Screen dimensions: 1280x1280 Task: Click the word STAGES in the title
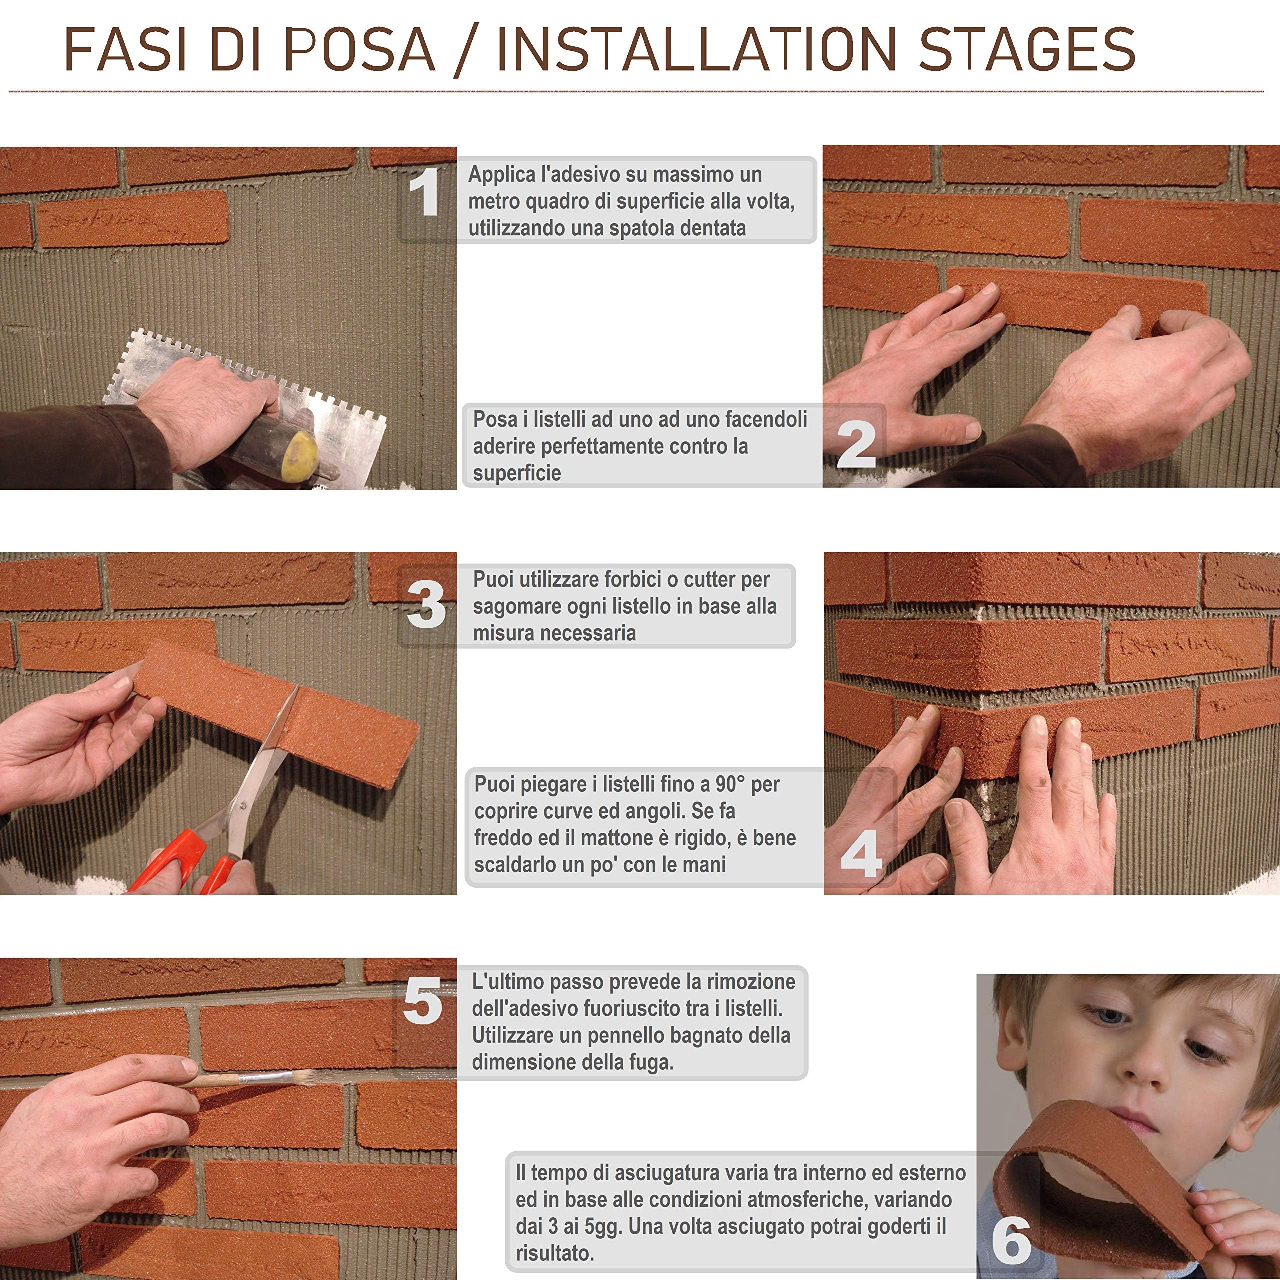coord(1027,49)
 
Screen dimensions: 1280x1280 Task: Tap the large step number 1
coord(424,193)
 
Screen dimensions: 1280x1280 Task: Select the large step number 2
coord(856,444)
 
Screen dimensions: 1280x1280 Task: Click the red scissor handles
coord(185,861)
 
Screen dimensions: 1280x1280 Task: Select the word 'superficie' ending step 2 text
coord(517,473)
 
